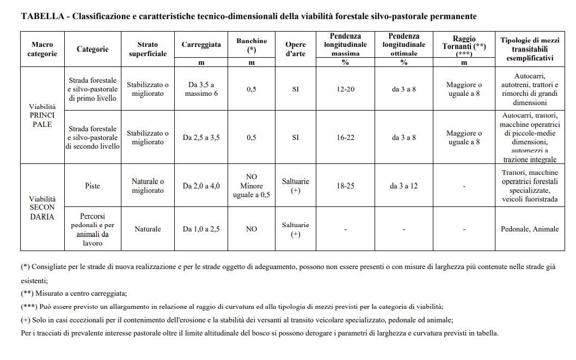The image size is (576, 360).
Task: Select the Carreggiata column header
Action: (201, 45)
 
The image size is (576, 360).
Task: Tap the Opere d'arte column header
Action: (295, 49)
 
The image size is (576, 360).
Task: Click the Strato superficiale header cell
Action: (148, 49)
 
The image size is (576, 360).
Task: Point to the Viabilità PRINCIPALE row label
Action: (42, 115)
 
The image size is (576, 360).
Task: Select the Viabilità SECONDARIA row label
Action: (42, 208)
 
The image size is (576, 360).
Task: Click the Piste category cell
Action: (93, 186)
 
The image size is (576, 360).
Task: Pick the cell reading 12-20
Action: (345, 89)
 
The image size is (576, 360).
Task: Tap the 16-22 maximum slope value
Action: (345, 137)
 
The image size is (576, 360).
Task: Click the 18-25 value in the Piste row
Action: (345, 186)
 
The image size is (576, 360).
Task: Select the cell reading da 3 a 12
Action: (404, 186)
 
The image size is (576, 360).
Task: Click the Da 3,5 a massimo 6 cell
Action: (201, 89)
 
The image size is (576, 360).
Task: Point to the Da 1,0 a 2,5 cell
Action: (201, 229)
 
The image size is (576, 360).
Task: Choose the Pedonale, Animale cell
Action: (530, 229)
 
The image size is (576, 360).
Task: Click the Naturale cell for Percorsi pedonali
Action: (148, 229)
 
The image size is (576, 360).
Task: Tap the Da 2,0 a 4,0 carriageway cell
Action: (201, 186)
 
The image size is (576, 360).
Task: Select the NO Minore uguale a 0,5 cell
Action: (252, 186)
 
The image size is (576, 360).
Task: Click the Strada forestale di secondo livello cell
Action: (93, 137)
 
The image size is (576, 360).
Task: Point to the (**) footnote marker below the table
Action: (27, 294)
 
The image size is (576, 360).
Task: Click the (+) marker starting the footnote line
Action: (26, 320)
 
